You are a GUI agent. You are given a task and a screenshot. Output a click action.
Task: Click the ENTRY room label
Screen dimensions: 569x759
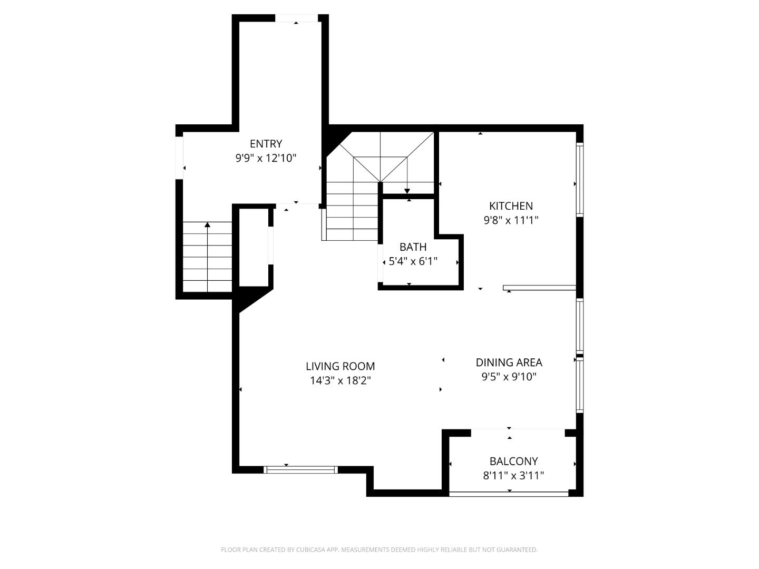pos(266,144)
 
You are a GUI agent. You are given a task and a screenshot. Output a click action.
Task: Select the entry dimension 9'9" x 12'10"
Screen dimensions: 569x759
pos(266,158)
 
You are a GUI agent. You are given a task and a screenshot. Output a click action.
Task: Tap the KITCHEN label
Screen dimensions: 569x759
pos(511,206)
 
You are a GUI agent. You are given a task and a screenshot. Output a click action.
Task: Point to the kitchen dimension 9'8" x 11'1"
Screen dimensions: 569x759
pos(511,220)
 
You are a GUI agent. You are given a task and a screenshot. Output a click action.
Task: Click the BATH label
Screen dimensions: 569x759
pos(413,247)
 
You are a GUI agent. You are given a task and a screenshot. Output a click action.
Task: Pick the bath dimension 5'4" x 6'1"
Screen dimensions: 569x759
pos(413,261)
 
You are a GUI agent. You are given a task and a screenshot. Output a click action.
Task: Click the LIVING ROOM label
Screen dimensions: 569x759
pos(340,366)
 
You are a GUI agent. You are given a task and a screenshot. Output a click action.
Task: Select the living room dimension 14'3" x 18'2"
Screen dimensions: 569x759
pos(340,380)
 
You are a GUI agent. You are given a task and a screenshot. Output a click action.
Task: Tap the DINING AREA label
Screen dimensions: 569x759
pos(509,362)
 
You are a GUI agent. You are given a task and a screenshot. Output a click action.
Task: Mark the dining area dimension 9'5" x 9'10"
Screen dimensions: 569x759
pos(509,377)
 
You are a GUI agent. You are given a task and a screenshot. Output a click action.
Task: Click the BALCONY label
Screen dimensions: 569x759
pos(513,462)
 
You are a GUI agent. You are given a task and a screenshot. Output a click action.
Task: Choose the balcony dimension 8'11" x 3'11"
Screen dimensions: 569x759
pos(513,476)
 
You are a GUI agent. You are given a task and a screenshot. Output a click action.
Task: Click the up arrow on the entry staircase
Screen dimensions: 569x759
pos(207,225)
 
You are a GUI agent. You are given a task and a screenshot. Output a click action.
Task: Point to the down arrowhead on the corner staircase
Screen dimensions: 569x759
pos(407,191)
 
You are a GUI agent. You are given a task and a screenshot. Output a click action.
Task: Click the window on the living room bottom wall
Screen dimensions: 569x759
pos(301,469)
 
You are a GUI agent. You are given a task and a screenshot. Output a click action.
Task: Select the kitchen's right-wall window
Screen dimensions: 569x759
pos(580,180)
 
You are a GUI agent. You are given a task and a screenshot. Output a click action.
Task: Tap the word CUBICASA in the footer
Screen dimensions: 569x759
pos(307,550)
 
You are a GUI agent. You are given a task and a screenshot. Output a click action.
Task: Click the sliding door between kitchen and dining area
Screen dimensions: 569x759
pos(539,288)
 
